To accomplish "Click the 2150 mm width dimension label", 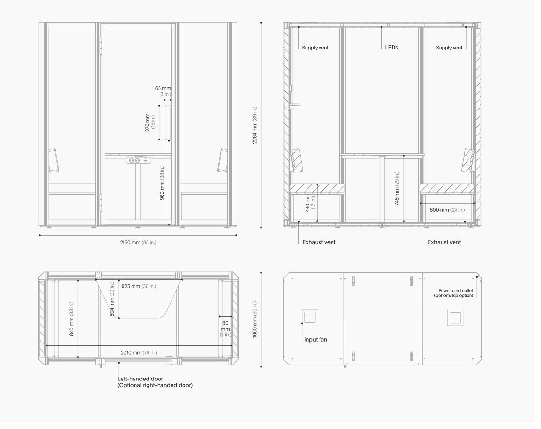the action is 138,242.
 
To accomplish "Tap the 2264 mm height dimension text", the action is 255,125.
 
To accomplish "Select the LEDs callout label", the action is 392,47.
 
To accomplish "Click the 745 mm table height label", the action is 397,188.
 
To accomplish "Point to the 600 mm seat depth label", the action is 447,210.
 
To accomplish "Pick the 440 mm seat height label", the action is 310,202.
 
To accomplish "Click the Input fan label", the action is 315,339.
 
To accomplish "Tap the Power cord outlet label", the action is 454,293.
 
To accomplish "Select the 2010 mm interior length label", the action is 139,353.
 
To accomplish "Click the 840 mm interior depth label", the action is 72,319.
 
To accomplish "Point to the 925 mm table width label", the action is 139,286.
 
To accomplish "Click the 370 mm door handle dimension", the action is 150,123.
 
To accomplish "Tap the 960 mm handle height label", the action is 162,183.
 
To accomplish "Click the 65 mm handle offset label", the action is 163,91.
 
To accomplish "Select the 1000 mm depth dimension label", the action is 255,319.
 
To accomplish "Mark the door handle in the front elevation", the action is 168,123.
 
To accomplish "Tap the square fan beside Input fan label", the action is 309,317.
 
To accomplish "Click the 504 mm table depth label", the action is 112,299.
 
